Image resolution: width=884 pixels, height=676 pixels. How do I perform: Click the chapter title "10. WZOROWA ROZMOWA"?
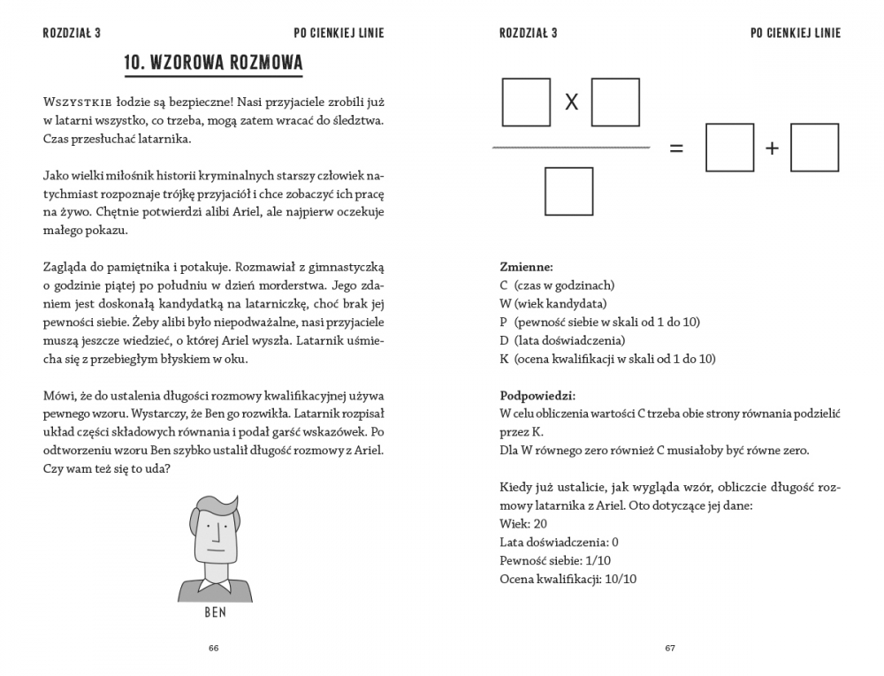click(x=213, y=63)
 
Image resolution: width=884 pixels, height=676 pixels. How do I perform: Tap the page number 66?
click(x=213, y=648)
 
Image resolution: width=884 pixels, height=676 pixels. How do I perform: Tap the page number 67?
click(x=670, y=648)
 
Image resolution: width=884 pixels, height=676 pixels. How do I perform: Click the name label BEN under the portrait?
click(x=216, y=612)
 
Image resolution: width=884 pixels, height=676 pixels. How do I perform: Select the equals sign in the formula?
click(x=676, y=148)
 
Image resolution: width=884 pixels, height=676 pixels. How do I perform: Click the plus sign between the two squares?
click(x=772, y=148)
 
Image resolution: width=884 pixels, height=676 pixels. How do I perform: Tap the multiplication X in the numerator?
click(x=571, y=103)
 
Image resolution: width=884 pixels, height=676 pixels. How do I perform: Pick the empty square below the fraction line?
click(x=568, y=191)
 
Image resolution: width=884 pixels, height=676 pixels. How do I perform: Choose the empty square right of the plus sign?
click(x=814, y=148)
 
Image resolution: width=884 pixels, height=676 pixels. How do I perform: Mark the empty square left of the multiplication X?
click(x=526, y=103)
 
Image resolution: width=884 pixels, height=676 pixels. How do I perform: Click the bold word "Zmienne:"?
click(x=527, y=266)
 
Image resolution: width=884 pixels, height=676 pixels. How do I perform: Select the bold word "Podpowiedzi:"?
click(x=537, y=395)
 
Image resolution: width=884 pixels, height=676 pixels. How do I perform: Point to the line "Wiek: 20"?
click(x=523, y=524)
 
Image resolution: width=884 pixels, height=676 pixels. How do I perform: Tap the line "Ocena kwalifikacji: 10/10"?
click(x=568, y=579)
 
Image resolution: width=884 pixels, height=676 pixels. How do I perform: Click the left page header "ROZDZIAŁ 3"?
click(x=72, y=34)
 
